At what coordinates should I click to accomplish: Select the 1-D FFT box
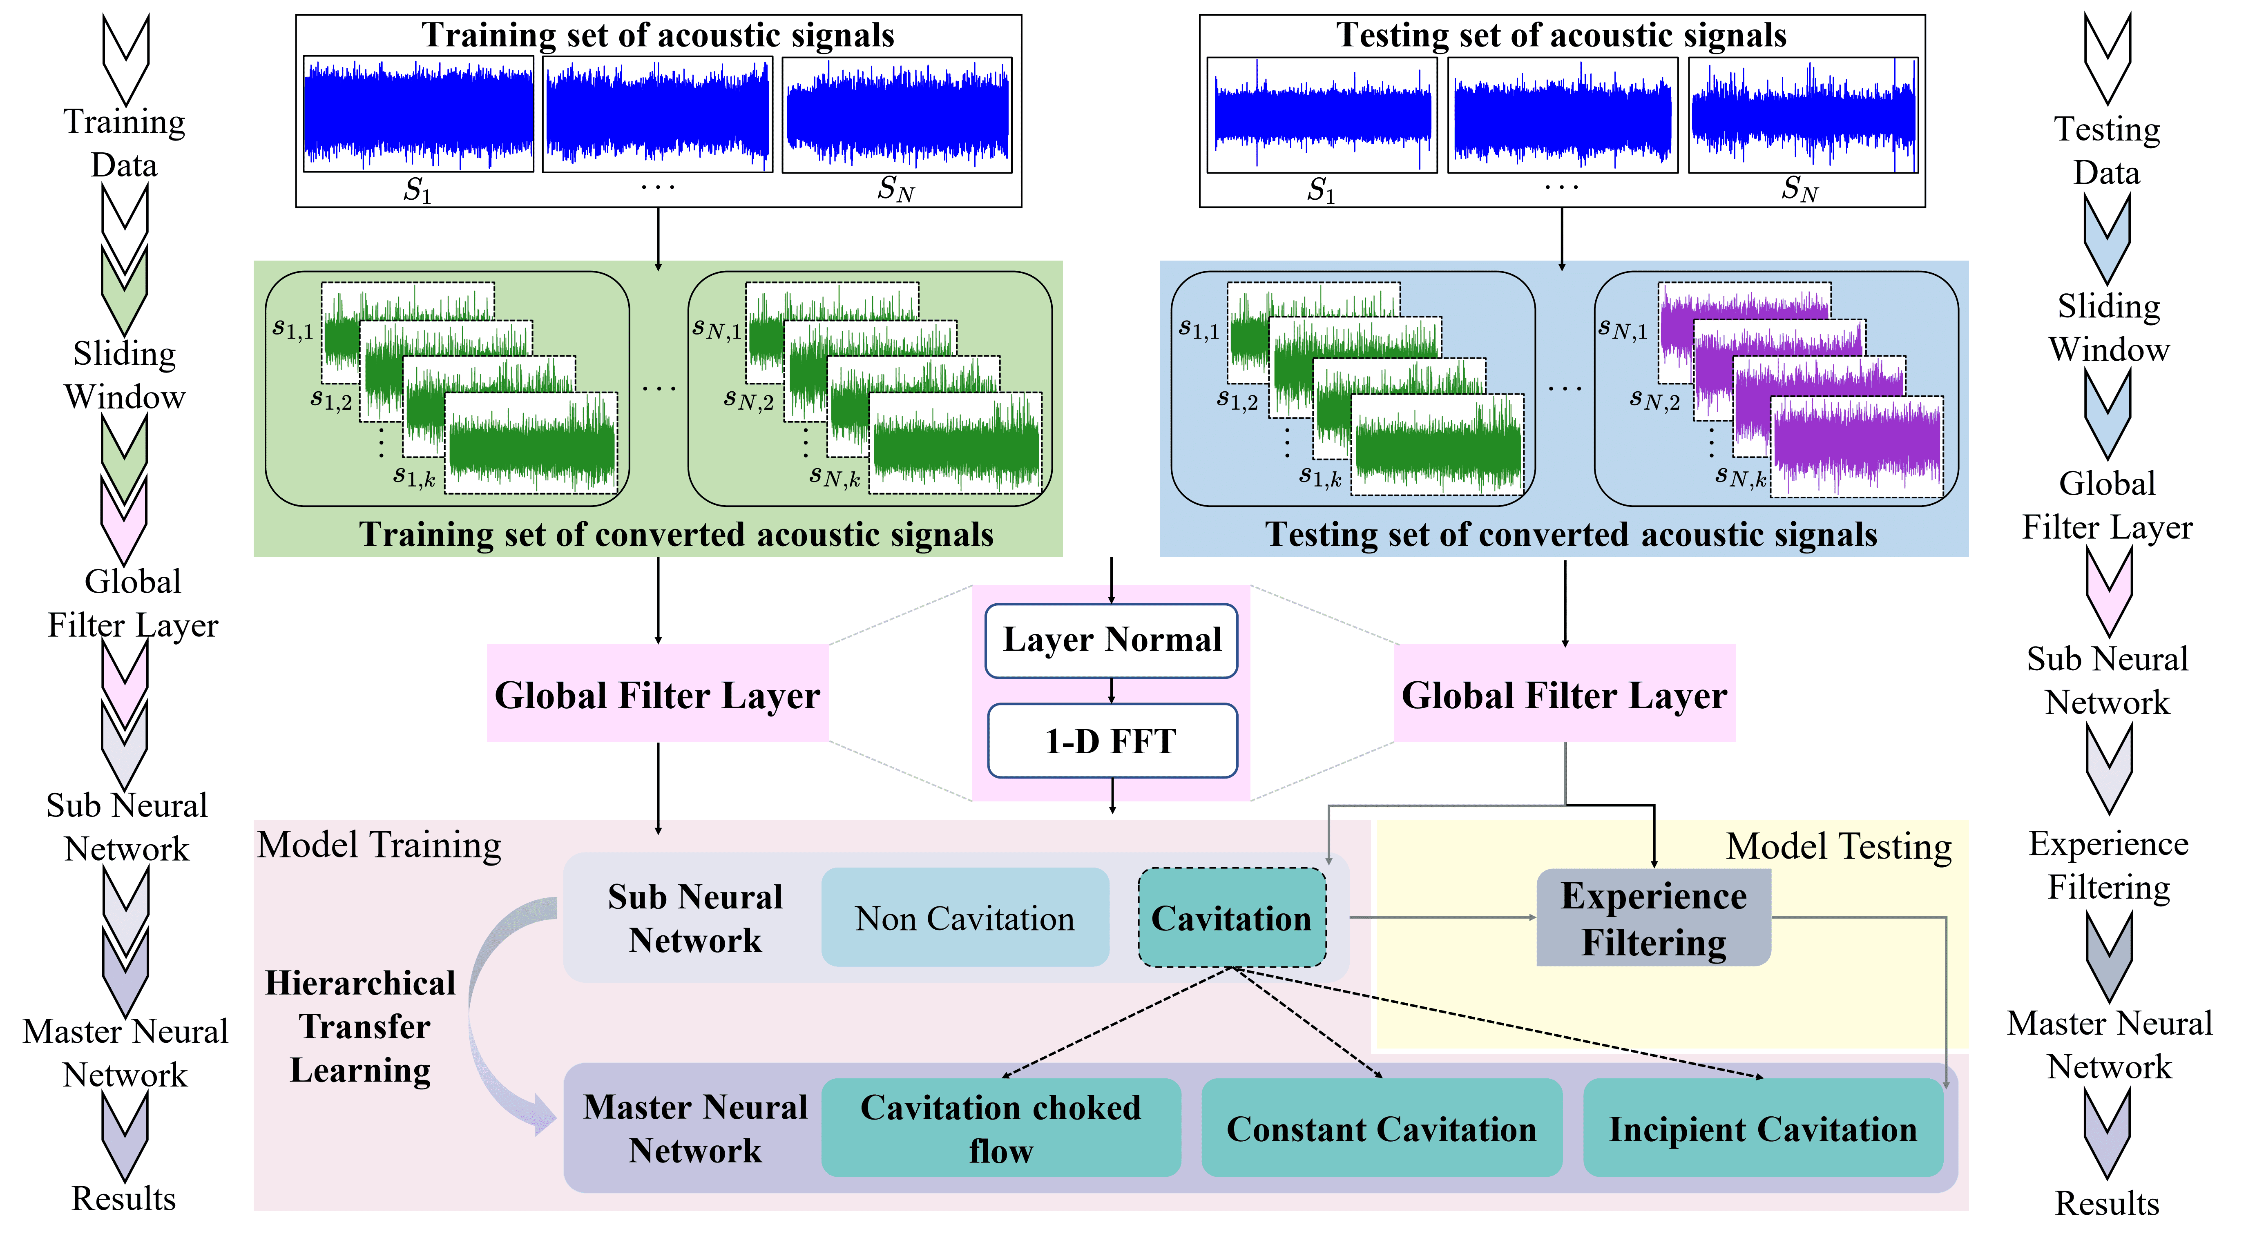tap(1112, 741)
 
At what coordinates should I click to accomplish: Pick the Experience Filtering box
tap(1653, 918)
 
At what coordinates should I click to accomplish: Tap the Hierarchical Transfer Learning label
tap(360, 1026)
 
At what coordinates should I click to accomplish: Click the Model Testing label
tap(1838, 846)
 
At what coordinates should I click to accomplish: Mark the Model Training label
tap(379, 844)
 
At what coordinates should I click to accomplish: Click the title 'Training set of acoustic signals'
tap(658, 35)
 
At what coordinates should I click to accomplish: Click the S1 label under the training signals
tap(417, 189)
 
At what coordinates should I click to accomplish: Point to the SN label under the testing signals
tap(1799, 188)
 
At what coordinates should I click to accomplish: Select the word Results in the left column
tap(124, 1198)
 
